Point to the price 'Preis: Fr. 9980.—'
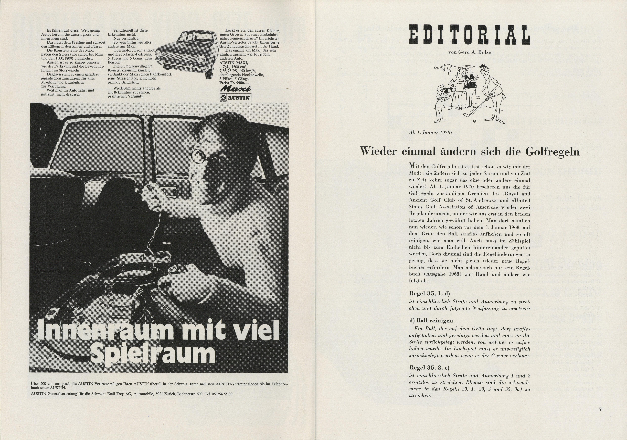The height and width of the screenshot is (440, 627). pos(234,82)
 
